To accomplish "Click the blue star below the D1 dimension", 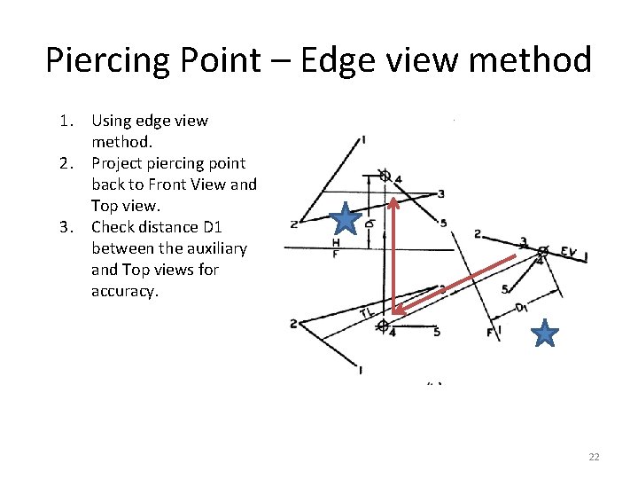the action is [x=546, y=334].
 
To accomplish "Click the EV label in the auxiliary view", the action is [x=568, y=253].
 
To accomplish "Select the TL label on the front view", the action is [x=365, y=312].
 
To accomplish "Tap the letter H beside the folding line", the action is [x=335, y=242].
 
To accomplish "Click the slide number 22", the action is [x=594, y=457].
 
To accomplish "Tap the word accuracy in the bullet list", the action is [x=124, y=291].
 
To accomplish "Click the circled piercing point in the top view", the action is [x=385, y=176].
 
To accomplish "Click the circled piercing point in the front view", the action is [x=383, y=326].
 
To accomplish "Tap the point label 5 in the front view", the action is [x=437, y=332].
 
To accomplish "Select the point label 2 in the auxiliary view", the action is [x=478, y=234].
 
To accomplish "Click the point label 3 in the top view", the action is [x=441, y=193].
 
